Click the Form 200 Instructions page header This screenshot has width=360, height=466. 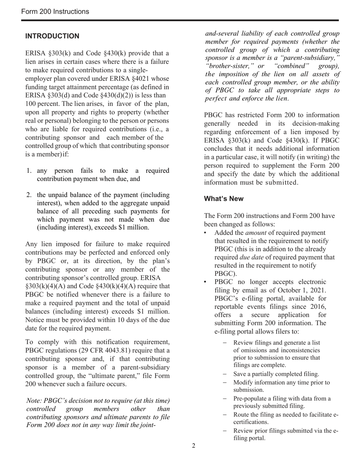pyautogui.click(x=55, y=11)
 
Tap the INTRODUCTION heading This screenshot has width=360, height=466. pyautogui.click(x=52, y=36)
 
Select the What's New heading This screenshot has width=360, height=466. pyautogui.click(x=224, y=199)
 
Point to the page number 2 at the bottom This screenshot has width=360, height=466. pyautogui.click(x=194, y=446)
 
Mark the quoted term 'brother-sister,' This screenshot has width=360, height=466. pyautogui.click(x=223, y=66)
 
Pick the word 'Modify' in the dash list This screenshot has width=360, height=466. pyautogui.click(x=243, y=382)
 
